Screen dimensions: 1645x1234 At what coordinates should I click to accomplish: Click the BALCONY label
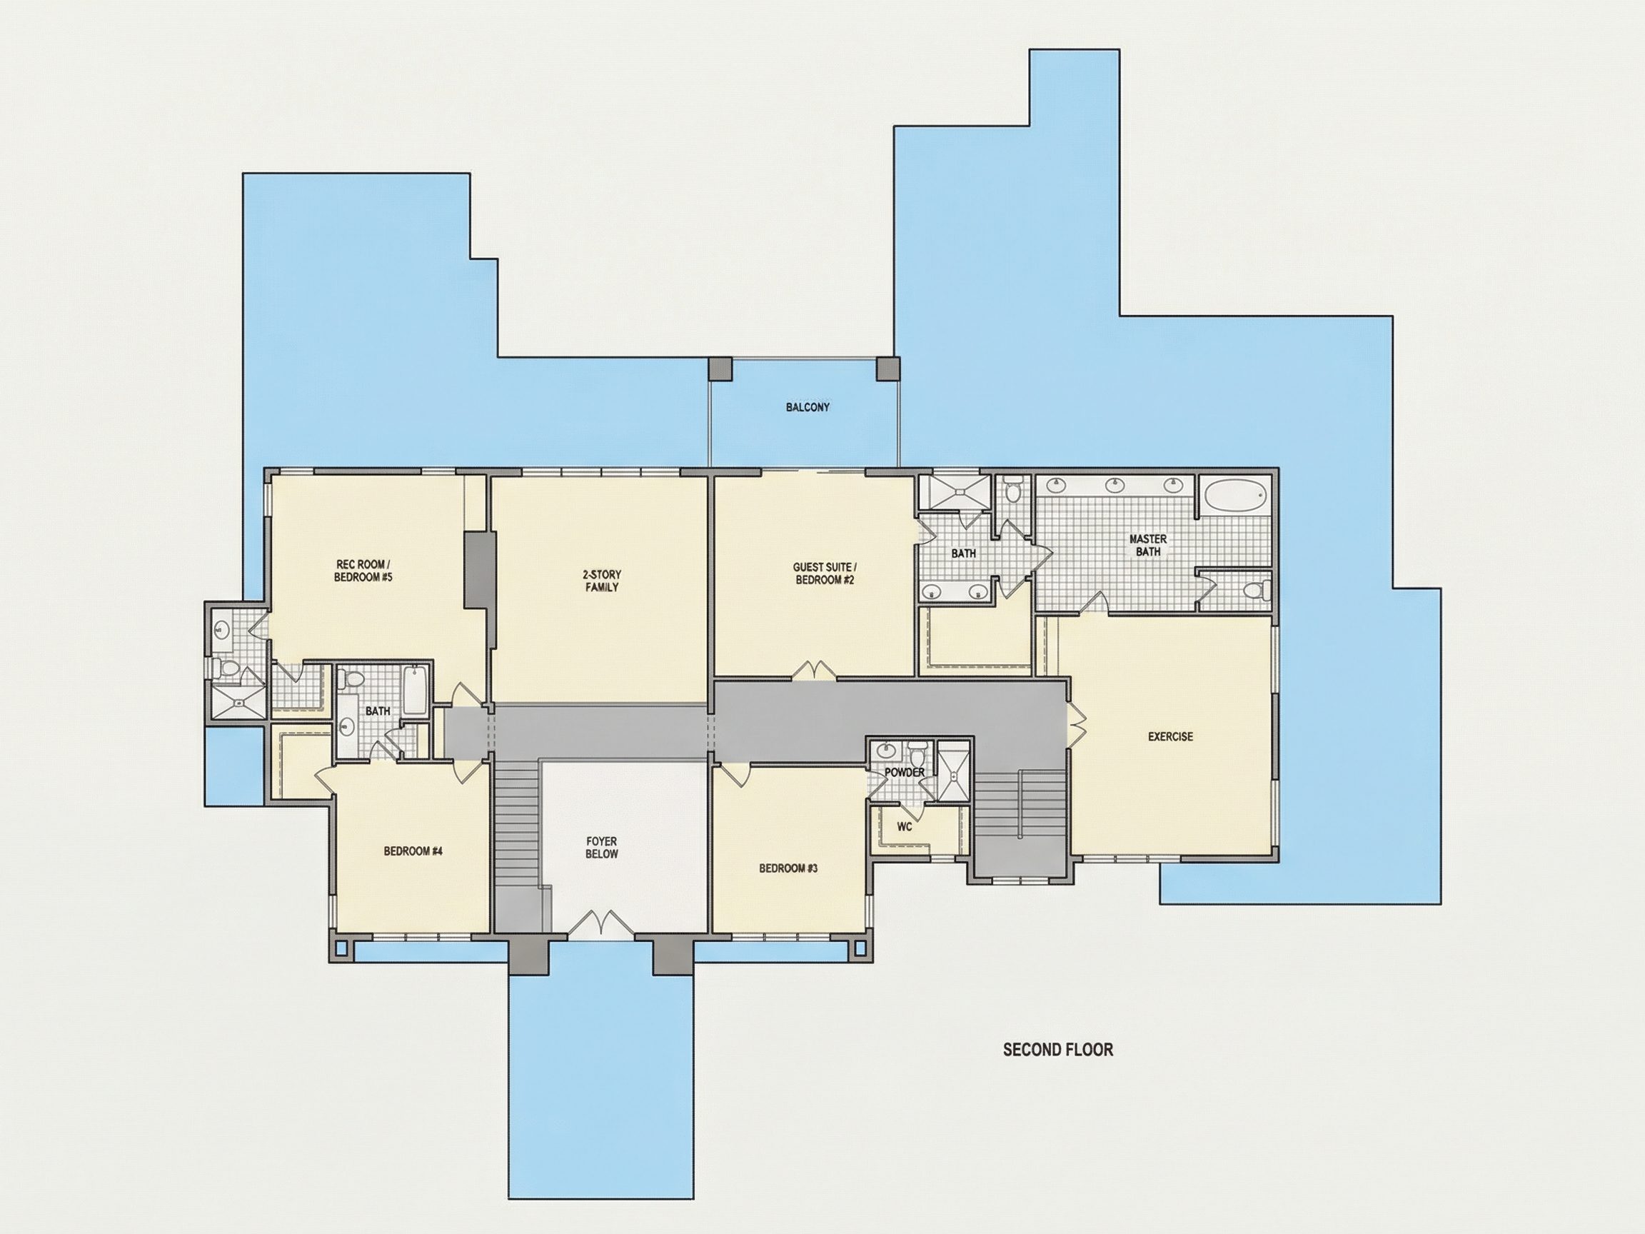[808, 408]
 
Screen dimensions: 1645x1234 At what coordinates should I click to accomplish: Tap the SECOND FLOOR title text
[1057, 1050]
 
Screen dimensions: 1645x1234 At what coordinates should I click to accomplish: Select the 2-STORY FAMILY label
[602, 581]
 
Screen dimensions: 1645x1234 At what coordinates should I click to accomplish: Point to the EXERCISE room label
[1169, 736]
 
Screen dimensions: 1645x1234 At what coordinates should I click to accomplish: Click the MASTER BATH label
[1147, 545]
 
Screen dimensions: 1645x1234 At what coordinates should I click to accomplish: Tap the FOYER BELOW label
[602, 848]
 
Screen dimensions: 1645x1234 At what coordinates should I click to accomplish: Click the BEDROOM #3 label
[788, 868]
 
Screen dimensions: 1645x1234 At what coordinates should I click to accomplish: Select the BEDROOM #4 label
[413, 851]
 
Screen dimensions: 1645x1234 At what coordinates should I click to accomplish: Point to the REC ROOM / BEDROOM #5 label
[363, 571]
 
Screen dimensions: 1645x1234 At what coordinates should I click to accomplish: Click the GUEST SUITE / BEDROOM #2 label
[825, 573]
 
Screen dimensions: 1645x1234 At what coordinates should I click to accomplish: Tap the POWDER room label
[905, 773]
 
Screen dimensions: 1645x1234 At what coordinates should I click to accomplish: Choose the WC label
[905, 826]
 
